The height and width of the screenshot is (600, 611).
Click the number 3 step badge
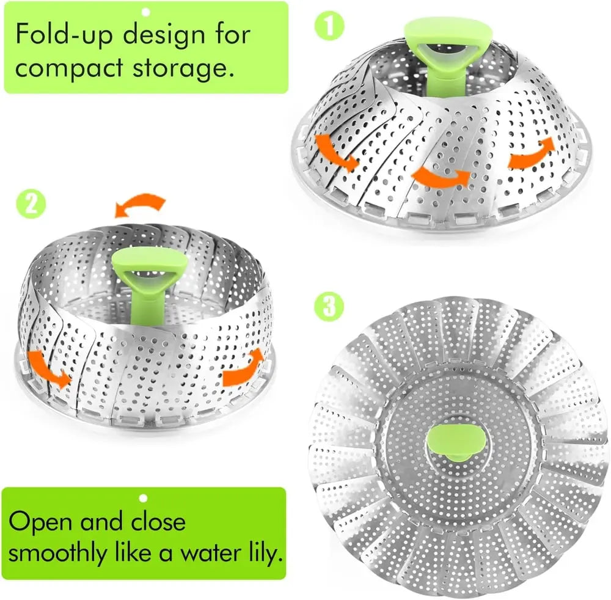click(329, 306)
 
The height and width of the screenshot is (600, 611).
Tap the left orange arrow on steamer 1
click(335, 152)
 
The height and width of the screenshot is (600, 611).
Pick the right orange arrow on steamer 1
click(532, 153)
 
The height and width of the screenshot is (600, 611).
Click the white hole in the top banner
click(145, 11)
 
